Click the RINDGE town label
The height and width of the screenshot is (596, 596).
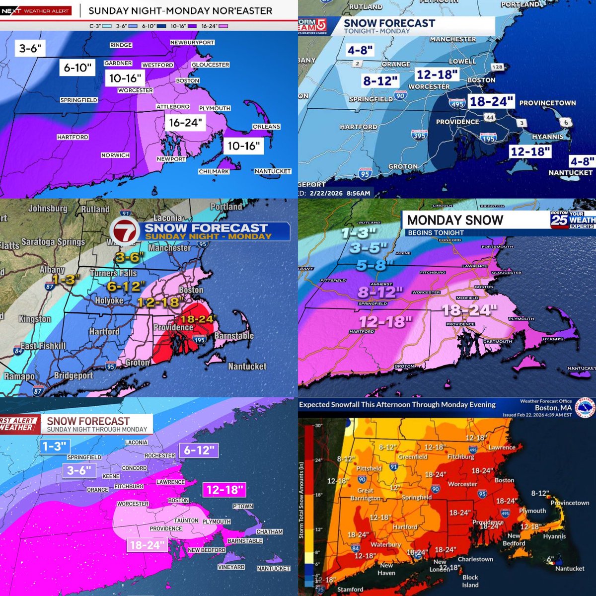click(121, 45)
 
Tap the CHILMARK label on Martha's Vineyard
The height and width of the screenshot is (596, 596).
click(214, 171)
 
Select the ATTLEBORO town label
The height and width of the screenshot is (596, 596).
click(173, 107)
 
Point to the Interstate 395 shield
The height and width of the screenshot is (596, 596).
click(420, 135)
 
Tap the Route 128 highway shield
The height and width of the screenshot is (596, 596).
click(497, 67)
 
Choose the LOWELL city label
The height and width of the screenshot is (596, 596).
click(462, 61)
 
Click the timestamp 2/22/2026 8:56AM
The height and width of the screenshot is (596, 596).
click(341, 193)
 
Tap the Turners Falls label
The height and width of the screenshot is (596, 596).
click(113, 273)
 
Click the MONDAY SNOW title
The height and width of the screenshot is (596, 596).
click(455, 220)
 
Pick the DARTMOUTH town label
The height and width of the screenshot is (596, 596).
click(497, 341)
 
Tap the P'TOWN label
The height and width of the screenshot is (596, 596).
click(243, 506)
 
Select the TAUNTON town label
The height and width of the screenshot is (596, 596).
click(186, 521)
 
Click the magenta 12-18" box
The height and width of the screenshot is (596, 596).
click(224, 490)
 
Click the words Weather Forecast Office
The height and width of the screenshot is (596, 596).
click(546, 401)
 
